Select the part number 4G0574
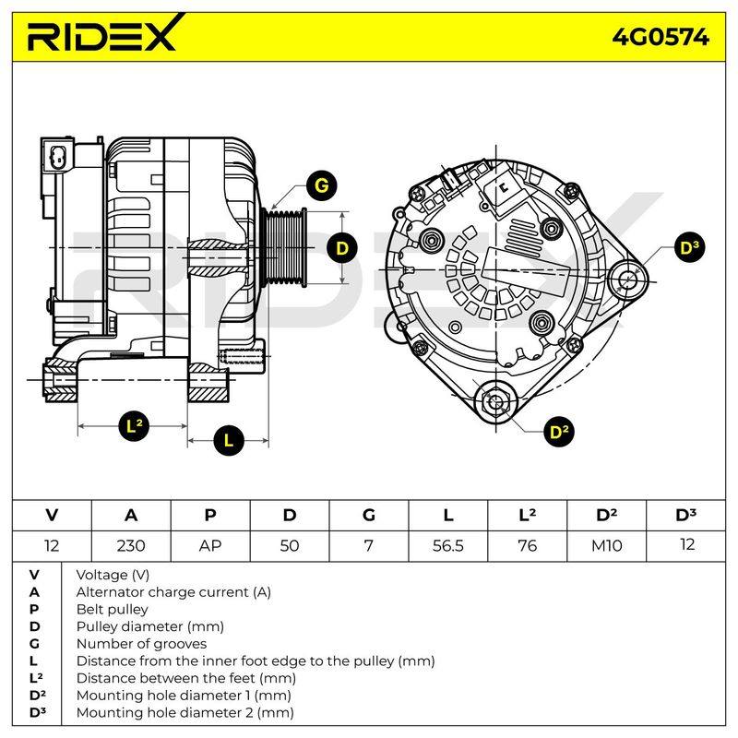661,37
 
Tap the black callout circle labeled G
321,185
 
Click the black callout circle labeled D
342,248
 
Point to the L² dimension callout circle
134,426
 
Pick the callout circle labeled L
228,441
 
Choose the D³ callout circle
689,248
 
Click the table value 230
131,546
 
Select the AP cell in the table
210,546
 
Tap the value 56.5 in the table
448,546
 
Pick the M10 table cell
607,546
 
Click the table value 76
527,546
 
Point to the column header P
210,516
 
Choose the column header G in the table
369,516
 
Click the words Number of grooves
141,643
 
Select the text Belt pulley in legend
112,610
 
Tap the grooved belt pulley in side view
284,247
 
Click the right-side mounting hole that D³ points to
628,280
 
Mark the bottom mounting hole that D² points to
495,401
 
